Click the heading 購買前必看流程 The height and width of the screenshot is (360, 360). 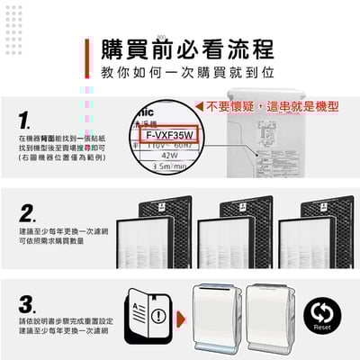186,47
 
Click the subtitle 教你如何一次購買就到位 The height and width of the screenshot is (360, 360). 186,70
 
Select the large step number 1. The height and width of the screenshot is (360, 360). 28,120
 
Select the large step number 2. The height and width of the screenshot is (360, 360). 28,215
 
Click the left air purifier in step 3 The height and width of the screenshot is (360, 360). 221,316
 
